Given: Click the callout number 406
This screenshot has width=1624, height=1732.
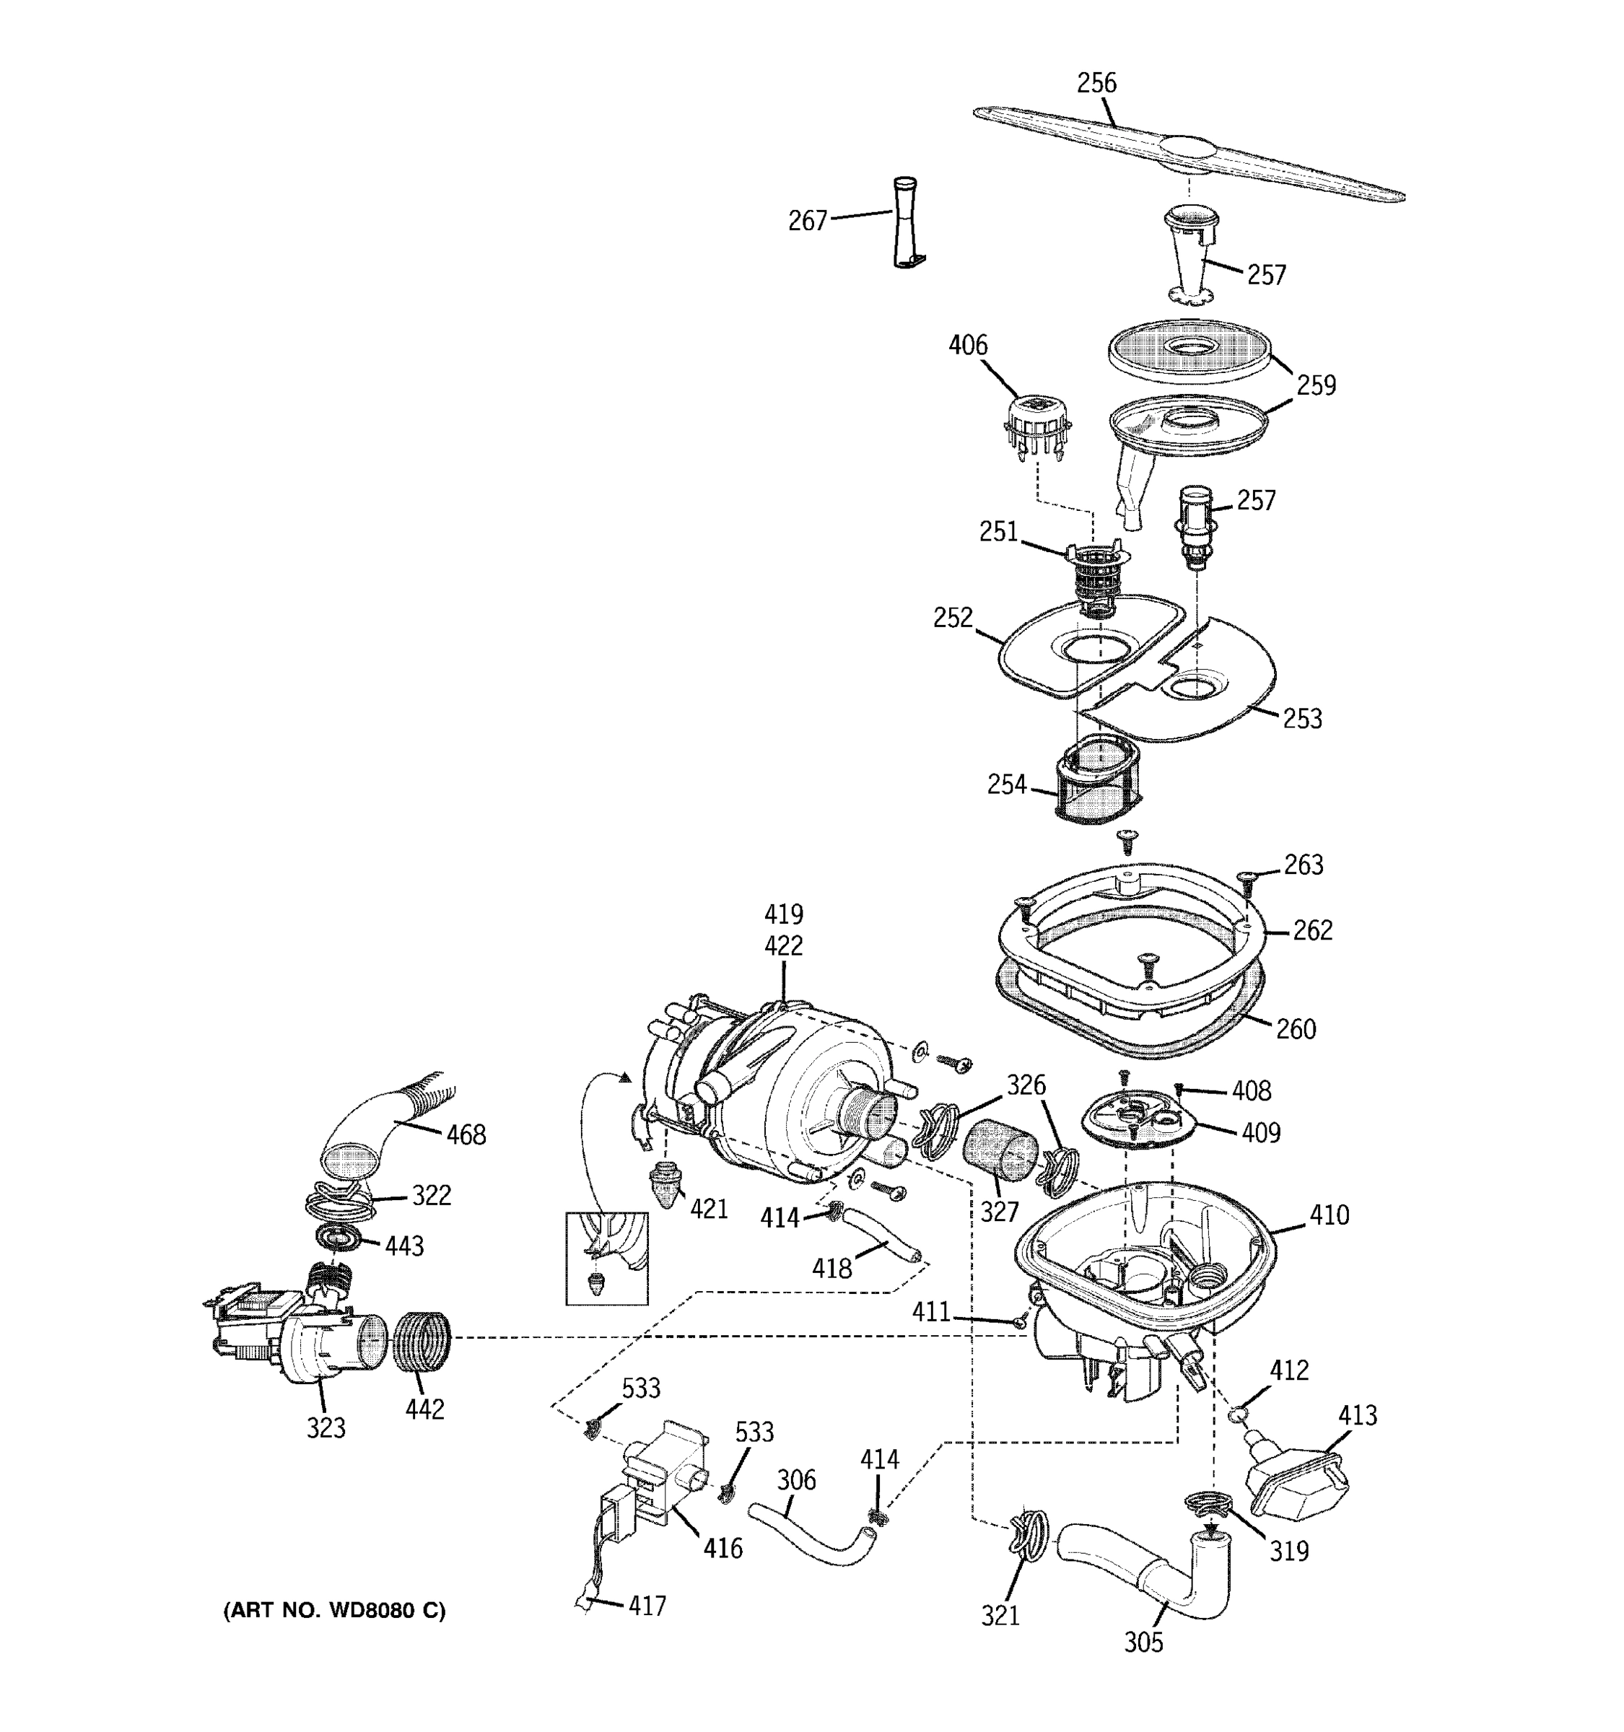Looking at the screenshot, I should (967, 346).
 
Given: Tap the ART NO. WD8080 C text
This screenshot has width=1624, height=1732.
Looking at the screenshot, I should (335, 1611).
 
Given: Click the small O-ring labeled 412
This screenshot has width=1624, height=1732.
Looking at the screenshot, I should (1238, 1413).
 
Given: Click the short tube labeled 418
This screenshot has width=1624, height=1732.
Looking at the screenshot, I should (878, 1235).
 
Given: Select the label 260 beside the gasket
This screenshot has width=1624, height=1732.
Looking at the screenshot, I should (1295, 1029).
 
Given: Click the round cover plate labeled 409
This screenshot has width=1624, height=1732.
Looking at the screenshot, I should (1135, 1119).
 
